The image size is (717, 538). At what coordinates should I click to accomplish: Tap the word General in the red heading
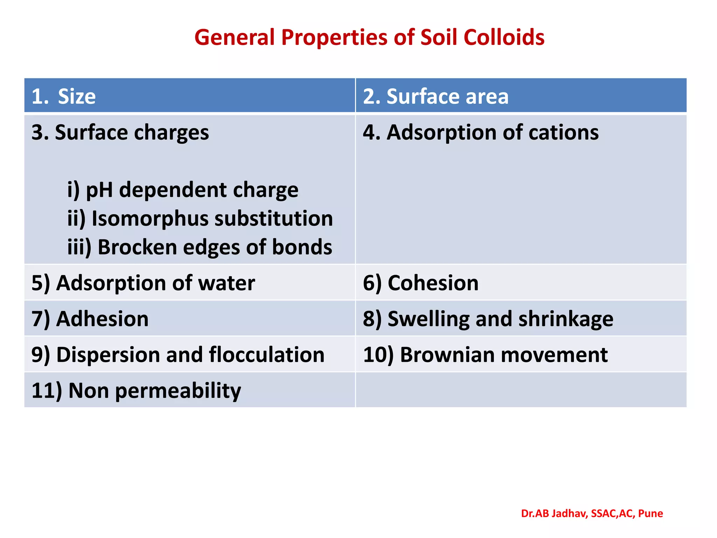pos(234,37)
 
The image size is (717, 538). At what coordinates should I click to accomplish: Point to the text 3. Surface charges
pos(120,133)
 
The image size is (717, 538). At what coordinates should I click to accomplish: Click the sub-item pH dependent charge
pos(183,190)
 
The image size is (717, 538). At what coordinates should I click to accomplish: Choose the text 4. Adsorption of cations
pos(481,133)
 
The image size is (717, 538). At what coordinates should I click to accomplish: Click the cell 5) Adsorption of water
pos(143,283)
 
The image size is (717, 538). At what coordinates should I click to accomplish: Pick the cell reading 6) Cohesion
pos(420,283)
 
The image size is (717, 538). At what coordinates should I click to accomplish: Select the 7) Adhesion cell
pos(90,319)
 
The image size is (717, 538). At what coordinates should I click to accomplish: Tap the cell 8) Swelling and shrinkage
pos(488,319)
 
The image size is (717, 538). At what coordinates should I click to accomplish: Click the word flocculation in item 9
pos(267,355)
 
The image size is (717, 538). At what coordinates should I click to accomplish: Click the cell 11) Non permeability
pos(136,391)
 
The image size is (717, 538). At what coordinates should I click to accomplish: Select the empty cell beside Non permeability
pos(521,390)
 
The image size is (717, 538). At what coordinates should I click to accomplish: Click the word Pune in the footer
pos(650,513)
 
